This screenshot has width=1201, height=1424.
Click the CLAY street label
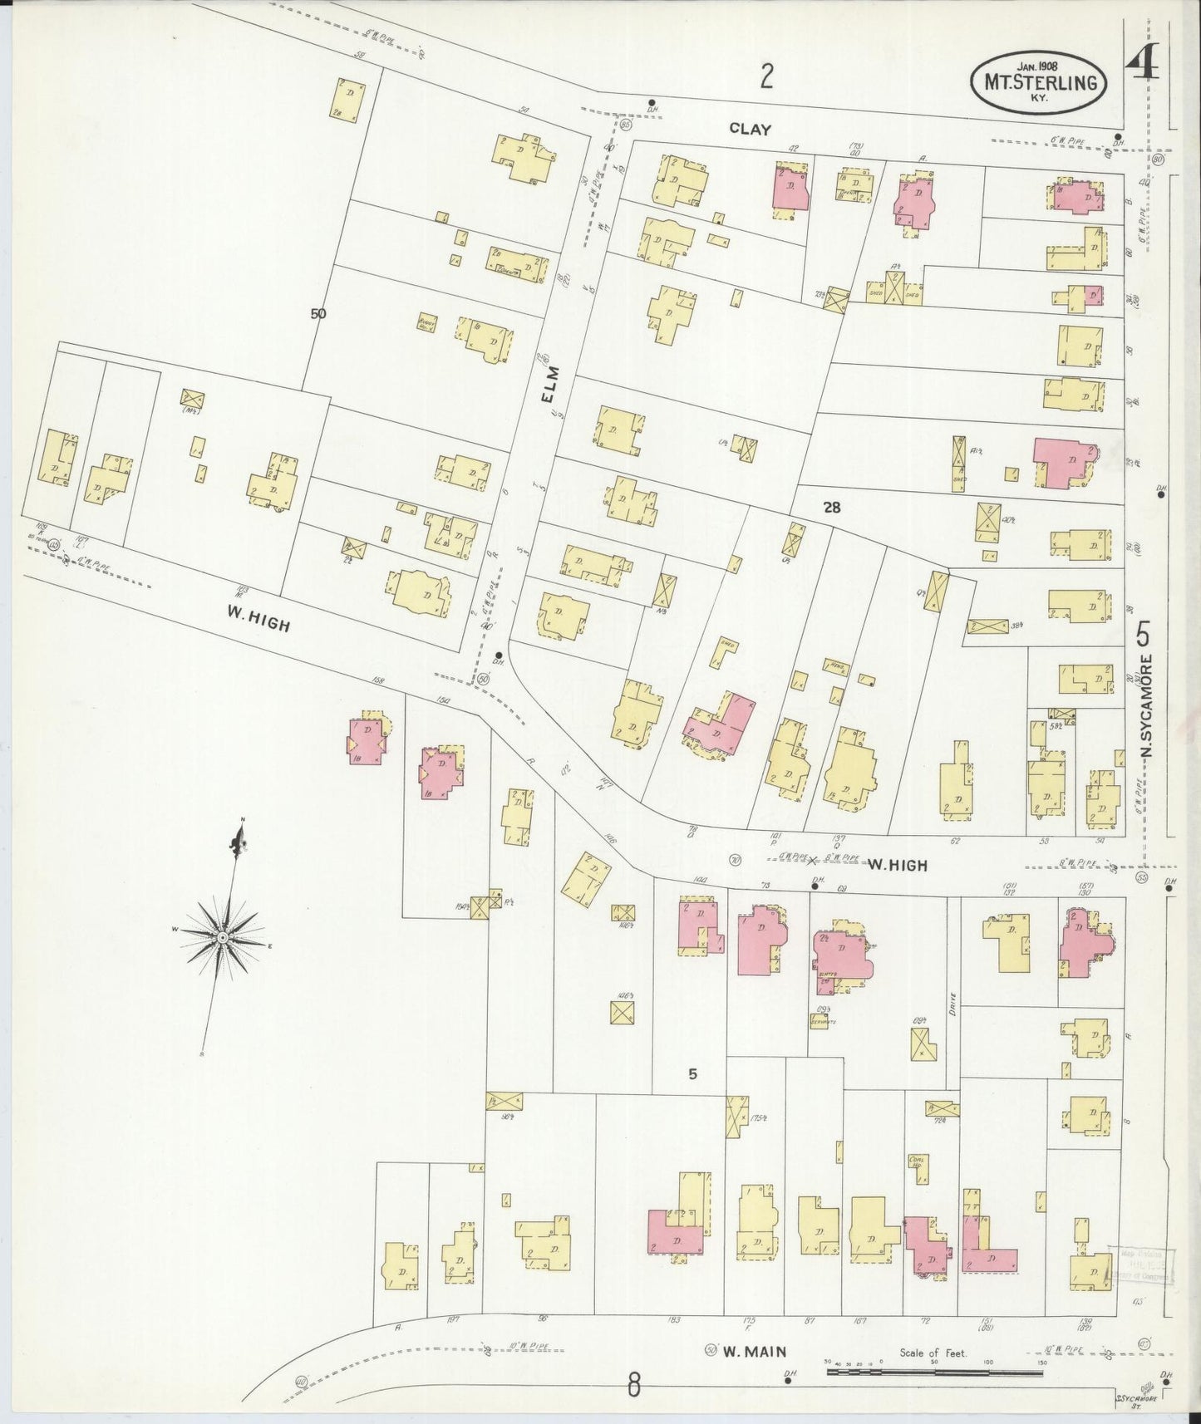(751, 129)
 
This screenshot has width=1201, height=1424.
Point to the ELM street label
(548, 389)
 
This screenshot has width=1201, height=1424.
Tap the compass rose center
(223, 937)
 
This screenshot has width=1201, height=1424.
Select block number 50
(318, 313)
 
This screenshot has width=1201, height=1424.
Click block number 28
(831, 507)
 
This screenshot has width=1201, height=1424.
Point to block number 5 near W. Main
(692, 1074)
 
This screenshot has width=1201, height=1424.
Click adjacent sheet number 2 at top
(766, 77)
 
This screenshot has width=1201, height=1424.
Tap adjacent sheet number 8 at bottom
(634, 1384)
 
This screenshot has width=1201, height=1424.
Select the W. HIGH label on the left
(258, 618)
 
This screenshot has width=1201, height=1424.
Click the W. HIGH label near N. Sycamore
(898, 865)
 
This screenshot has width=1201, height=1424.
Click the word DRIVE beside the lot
(952, 1006)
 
